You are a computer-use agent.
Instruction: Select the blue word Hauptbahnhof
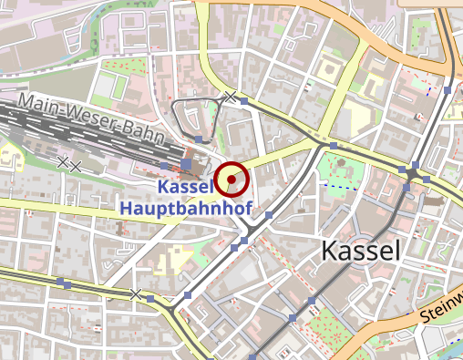185,208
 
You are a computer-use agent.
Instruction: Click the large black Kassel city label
361,252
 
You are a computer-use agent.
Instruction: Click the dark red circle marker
232,180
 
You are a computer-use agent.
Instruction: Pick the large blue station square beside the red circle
187,165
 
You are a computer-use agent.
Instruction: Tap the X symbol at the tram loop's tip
231,97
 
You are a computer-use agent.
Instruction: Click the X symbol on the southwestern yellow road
136,294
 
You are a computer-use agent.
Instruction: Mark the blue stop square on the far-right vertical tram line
448,91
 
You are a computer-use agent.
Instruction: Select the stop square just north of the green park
334,145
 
